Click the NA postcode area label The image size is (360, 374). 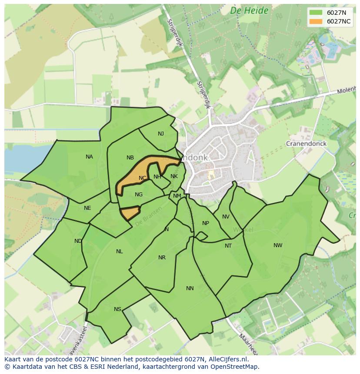[x=89, y=157]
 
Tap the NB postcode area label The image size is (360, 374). [x=130, y=158]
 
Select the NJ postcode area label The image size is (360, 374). [x=161, y=134]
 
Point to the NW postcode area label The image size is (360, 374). [x=278, y=245]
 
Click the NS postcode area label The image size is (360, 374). [x=117, y=309]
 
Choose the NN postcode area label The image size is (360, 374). [x=190, y=288]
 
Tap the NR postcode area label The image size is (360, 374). [x=162, y=258]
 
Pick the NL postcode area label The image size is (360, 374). [x=120, y=252]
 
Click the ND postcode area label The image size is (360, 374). [x=78, y=241]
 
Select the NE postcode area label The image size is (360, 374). [x=87, y=208]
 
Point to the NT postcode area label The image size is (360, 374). [x=228, y=246]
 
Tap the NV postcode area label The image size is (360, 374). [x=226, y=217]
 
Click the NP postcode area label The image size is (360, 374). [x=206, y=223]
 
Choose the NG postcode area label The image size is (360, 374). [x=139, y=195]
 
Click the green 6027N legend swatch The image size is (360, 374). [x=316, y=13]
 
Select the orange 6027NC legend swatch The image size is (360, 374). [x=316, y=21]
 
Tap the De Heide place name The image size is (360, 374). [x=249, y=11]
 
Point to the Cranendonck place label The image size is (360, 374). [x=306, y=143]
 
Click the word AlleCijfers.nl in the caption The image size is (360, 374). [x=227, y=359]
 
